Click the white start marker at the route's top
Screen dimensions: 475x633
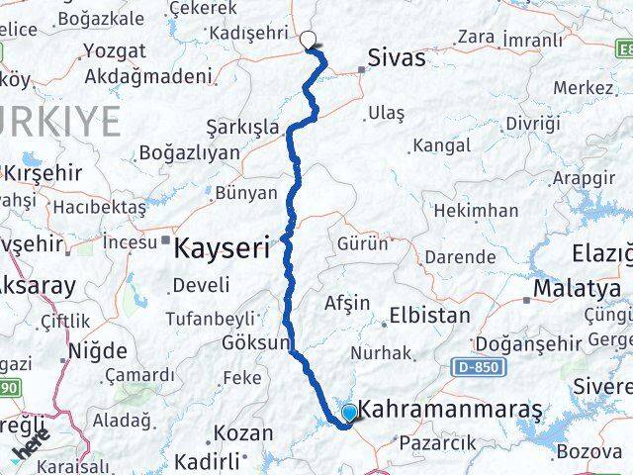pos(309,41)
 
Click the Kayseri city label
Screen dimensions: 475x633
pos(221,249)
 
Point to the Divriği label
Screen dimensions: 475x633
pos(532,123)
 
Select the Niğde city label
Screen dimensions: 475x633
pos(98,350)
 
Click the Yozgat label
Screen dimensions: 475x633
pos(116,50)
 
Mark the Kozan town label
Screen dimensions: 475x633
pos(242,433)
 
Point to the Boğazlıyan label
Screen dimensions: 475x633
pos(190,152)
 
